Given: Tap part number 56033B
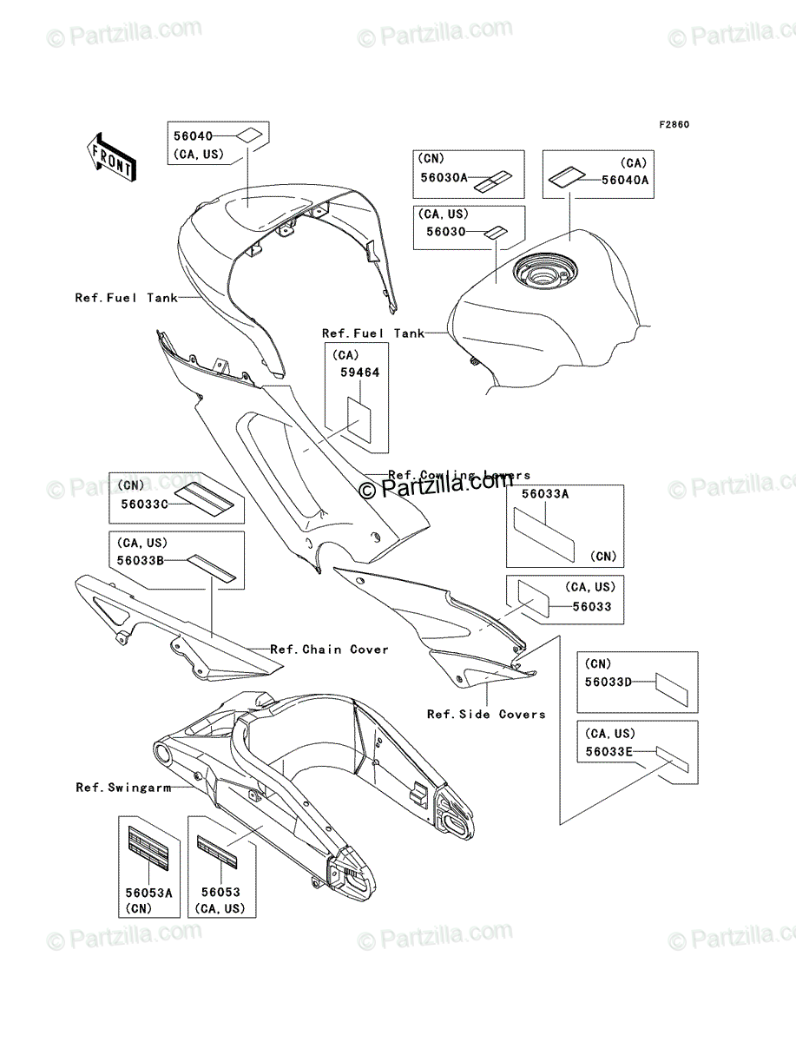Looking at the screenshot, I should (141, 560).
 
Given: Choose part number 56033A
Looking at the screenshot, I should (544, 492).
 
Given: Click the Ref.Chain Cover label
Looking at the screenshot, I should (329, 650).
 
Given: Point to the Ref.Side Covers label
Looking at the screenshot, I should (486, 715).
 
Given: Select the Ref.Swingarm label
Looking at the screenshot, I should (121, 788).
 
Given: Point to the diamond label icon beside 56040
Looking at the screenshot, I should (249, 135).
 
